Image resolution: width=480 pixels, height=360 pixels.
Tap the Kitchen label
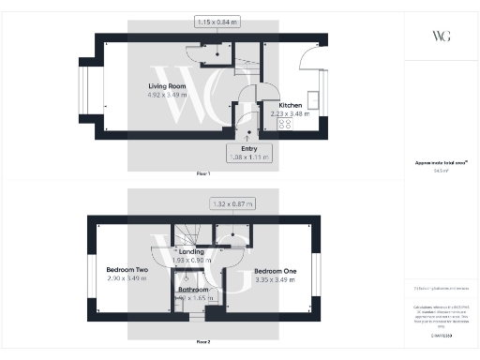click(290, 105)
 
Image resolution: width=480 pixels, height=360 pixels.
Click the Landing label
click(191, 252)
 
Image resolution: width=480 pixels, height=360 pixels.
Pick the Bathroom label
click(194, 290)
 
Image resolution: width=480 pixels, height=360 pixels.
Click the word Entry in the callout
click(249, 148)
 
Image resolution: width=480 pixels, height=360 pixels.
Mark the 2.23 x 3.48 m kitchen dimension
click(290, 113)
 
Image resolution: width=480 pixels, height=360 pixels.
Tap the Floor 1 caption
click(203, 174)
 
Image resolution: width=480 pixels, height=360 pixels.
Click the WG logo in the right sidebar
click(442, 36)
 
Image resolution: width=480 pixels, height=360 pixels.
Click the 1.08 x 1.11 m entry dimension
click(249, 157)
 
